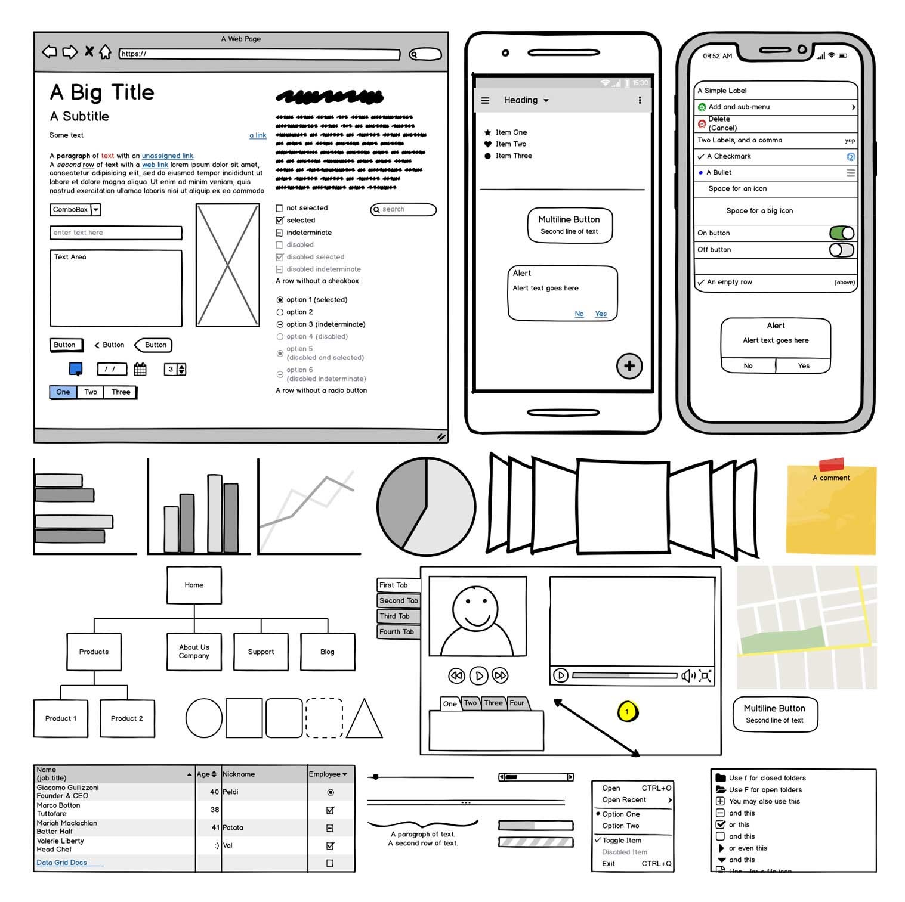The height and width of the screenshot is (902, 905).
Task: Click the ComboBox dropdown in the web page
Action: point(75,210)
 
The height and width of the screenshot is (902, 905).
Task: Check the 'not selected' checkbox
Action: point(279,209)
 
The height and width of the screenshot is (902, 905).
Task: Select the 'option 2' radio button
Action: point(280,312)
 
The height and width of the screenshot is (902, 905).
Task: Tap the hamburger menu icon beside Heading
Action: point(485,101)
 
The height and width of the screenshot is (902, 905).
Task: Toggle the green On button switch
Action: point(841,233)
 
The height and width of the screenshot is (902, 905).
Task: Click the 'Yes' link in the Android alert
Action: point(601,314)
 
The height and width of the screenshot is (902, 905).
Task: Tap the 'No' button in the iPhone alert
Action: point(748,366)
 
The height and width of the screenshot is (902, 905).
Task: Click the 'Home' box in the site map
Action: point(194,585)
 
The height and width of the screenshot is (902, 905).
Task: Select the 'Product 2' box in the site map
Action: point(127,719)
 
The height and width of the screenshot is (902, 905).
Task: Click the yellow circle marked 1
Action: point(627,711)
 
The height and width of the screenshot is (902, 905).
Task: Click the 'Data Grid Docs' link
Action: point(62,863)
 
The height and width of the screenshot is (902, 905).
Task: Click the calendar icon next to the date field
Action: point(140,370)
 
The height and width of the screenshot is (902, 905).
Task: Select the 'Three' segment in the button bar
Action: point(121,392)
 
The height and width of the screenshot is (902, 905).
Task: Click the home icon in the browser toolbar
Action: point(105,52)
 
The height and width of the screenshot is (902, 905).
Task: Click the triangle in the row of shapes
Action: point(364,720)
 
